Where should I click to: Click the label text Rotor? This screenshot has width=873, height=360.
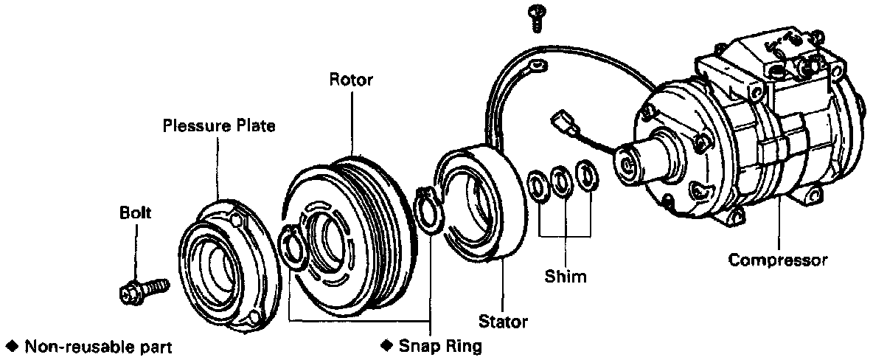tap(350, 80)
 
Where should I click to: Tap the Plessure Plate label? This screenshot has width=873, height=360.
tap(219, 126)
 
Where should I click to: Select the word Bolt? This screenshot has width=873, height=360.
tap(135, 213)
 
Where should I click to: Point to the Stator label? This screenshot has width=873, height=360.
tap(503, 322)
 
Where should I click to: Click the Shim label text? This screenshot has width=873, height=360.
tap(566, 277)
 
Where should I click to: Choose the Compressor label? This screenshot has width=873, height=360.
tap(778, 260)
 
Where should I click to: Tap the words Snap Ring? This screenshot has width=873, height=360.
tap(439, 345)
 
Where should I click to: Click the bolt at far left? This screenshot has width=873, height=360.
tap(143, 288)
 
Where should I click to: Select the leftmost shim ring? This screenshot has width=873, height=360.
tap(538, 185)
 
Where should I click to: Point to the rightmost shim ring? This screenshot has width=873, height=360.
tap(588, 176)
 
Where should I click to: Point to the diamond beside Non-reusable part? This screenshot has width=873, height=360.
tap(11, 345)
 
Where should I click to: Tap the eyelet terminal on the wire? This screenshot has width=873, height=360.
tap(536, 67)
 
